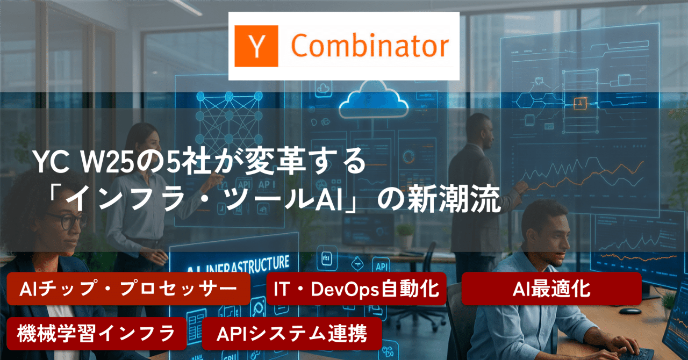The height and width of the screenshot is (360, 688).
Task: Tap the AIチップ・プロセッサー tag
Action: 128,289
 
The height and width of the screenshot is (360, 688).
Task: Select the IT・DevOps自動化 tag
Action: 356,289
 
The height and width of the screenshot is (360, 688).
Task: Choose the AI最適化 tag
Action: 551,289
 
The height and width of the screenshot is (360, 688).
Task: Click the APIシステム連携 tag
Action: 292,334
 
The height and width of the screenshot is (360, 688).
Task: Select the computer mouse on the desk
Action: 630,311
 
